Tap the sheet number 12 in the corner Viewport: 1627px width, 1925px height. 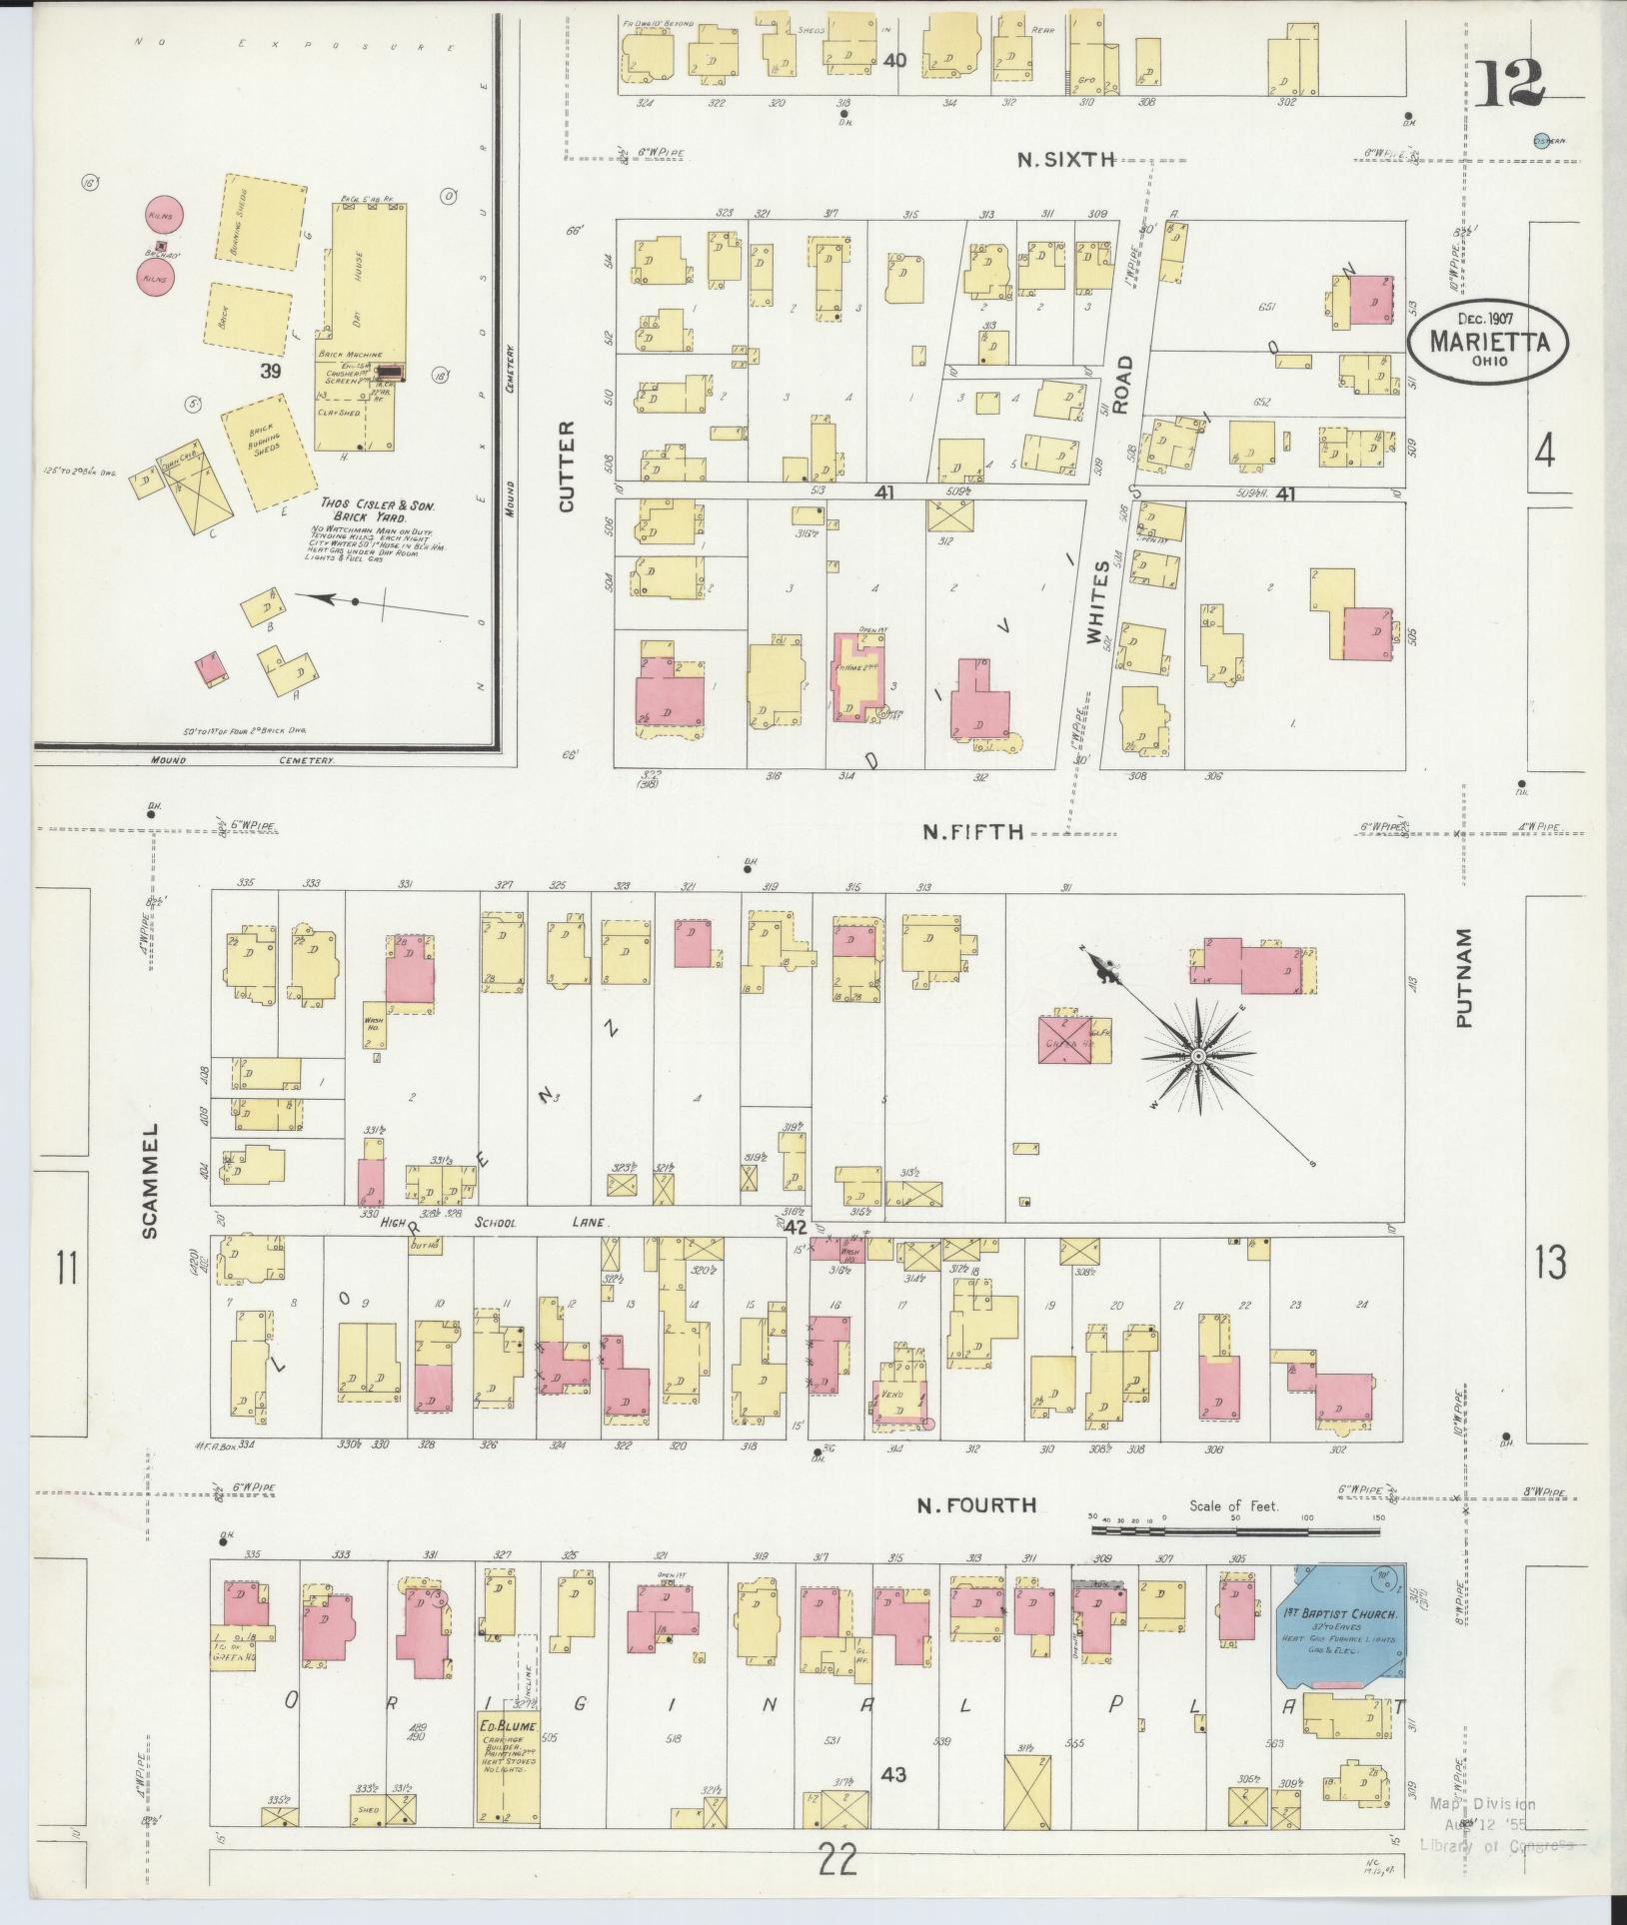(1508, 84)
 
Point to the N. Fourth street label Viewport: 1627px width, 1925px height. (976, 1504)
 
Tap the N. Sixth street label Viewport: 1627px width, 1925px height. (1064, 159)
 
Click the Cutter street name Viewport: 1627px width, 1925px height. (567, 466)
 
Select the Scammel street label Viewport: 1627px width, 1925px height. (150, 1179)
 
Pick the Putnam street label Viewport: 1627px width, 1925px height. (1464, 977)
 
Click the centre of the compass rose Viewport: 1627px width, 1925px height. (1197, 1056)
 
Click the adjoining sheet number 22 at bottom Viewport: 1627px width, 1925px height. (837, 1862)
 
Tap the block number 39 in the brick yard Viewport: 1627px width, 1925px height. (270, 372)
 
